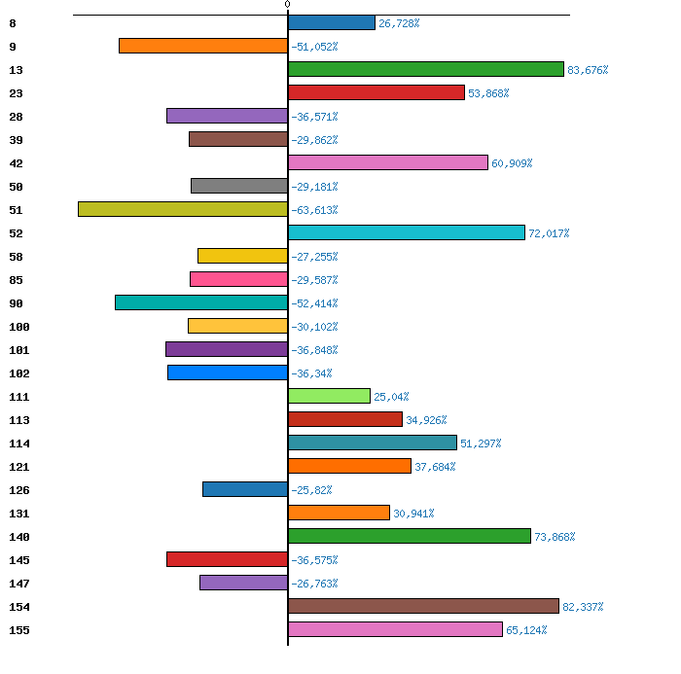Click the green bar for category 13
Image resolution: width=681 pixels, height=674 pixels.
[x=425, y=69]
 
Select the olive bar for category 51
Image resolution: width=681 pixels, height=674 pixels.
[x=183, y=209]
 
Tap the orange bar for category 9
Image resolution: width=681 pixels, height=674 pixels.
[x=203, y=46]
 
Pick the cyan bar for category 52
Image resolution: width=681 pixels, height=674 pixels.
[x=407, y=232]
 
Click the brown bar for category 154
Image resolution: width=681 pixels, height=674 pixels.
[x=423, y=606]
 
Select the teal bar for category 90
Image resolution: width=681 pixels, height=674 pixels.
[x=201, y=302]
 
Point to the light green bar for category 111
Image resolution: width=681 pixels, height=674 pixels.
[x=329, y=396]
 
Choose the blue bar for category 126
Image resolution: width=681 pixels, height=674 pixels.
[x=245, y=489]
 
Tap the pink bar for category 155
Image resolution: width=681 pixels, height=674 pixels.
[x=395, y=629]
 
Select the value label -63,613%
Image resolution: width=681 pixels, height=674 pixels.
[x=314, y=210]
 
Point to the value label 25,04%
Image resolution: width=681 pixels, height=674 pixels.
[x=391, y=397]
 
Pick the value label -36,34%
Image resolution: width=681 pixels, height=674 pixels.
[x=311, y=373]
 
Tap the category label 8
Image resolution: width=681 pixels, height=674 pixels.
[x=12, y=23]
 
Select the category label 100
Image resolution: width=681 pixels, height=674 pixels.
[x=18, y=327]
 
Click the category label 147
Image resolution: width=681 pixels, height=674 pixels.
[x=18, y=584]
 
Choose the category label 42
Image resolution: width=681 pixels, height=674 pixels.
[x=15, y=163]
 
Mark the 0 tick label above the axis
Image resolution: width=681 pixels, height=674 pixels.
[x=287, y=5]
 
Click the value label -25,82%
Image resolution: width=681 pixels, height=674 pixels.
[x=311, y=490]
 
